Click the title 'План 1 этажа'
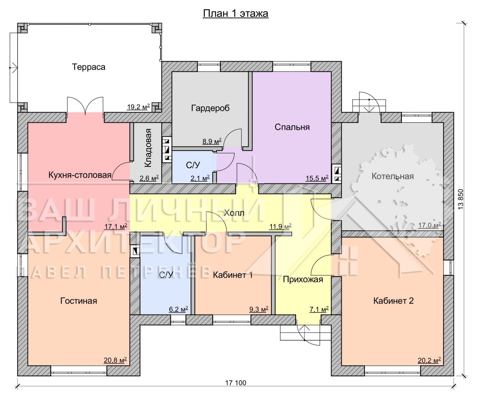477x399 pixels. (x=236, y=13)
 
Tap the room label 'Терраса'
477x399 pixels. (x=89, y=67)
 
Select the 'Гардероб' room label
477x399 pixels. (x=210, y=108)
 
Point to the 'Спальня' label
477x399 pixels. (x=292, y=127)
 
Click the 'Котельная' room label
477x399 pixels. (x=393, y=176)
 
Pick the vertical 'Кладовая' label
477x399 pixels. (x=148, y=148)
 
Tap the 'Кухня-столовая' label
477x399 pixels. (x=80, y=175)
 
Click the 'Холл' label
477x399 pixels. (x=234, y=213)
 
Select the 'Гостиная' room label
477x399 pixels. (x=79, y=301)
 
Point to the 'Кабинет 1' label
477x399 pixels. (x=233, y=275)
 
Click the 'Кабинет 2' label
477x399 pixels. (x=394, y=301)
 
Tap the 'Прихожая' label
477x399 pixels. (x=303, y=279)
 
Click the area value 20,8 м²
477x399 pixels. (x=115, y=360)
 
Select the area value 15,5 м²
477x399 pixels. (x=317, y=178)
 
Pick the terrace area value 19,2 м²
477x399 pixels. (x=138, y=107)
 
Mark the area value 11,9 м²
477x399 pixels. (x=280, y=227)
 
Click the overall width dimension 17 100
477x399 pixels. (x=236, y=383)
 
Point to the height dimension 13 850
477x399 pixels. (x=461, y=199)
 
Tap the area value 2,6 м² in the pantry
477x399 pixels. (x=149, y=178)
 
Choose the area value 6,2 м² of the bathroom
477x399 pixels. (x=178, y=309)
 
